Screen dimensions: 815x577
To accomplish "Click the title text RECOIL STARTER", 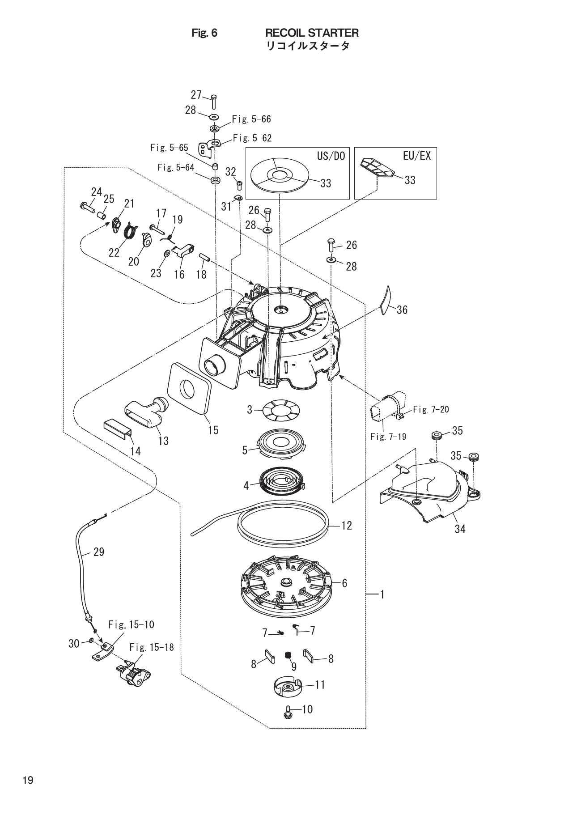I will (312, 33).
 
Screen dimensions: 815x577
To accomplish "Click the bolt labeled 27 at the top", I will (213, 102).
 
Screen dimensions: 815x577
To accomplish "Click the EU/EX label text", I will (416, 156).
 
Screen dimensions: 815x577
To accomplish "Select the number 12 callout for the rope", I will (347, 525).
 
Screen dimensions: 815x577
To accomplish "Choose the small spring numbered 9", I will (288, 656).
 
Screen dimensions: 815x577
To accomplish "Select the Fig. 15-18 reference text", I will (152, 647).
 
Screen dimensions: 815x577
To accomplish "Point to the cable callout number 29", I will (99, 552).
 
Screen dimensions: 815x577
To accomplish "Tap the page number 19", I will (28, 780).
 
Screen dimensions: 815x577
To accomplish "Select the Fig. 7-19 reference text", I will (388, 437).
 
